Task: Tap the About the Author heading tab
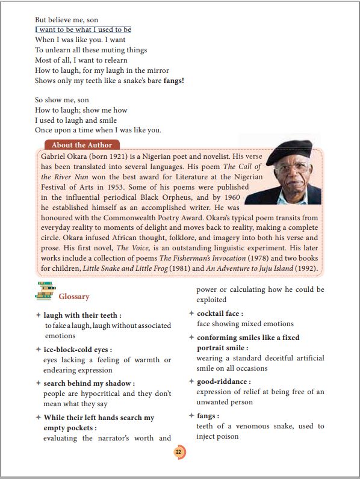(x=82, y=145)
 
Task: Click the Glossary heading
(x=73, y=296)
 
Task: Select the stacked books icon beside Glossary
(x=45, y=291)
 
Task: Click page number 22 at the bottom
(x=179, y=453)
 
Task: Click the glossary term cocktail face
(x=220, y=314)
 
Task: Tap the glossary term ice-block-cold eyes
(x=78, y=349)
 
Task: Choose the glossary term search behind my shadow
(x=88, y=383)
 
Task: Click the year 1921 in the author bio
(x=117, y=155)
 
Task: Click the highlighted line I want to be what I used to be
(x=83, y=29)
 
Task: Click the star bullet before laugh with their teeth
(x=39, y=315)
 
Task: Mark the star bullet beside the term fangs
(x=191, y=415)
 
